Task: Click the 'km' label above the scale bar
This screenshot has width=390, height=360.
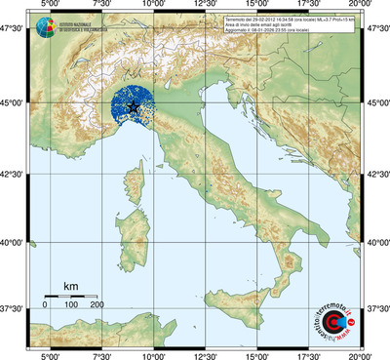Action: [70, 286]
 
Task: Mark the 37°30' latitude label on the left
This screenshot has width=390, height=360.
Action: [14, 308]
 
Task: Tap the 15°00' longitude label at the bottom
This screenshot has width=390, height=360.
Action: [255, 354]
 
